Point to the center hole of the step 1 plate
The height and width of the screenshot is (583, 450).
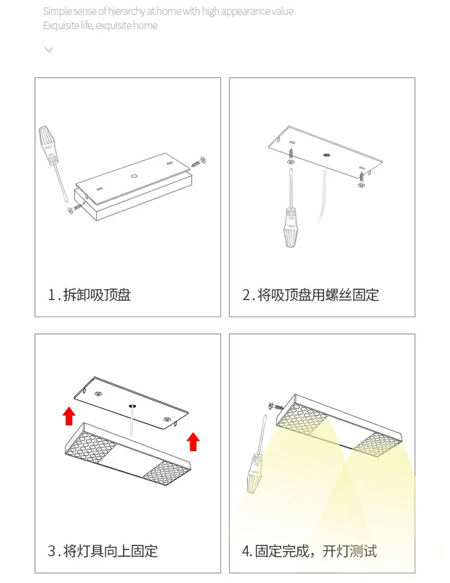point(134,175)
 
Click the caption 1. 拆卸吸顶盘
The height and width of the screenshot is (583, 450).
point(89,295)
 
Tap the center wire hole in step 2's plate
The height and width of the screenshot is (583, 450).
point(326,154)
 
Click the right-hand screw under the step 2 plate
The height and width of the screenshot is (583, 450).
point(361,179)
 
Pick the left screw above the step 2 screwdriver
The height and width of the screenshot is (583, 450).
point(291,156)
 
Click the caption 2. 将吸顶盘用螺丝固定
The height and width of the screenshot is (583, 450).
point(310,295)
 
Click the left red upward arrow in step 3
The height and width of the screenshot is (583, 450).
point(69,415)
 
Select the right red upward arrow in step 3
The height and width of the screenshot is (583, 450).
point(193,442)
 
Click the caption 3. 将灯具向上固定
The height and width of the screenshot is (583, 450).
point(102,551)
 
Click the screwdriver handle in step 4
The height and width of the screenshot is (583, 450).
point(254,473)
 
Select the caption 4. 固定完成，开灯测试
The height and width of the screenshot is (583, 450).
point(309,551)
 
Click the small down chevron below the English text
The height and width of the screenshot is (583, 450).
point(49,49)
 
